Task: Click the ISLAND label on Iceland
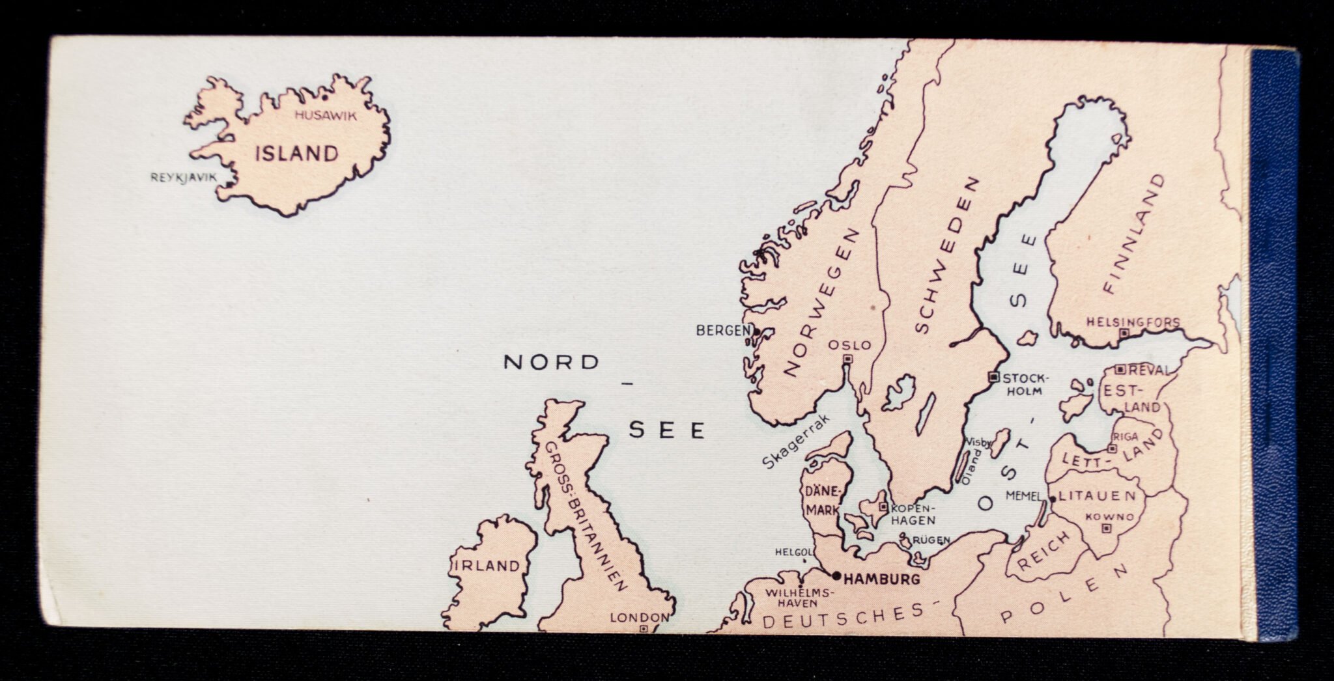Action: click(x=296, y=154)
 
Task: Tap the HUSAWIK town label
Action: click(x=326, y=116)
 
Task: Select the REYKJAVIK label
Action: click(x=183, y=177)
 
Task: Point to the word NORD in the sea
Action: click(x=551, y=363)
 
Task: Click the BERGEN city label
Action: click(x=723, y=331)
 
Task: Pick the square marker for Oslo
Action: click(x=847, y=359)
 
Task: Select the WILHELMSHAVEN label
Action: click(x=799, y=598)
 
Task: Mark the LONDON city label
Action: click(x=639, y=617)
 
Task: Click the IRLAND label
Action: click(x=487, y=566)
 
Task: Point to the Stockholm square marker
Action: click(x=993, y=377)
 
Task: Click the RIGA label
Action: click(x=1126, y=437)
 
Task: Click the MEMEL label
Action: click(x=1023, y=496)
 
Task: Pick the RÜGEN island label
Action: click(x=931, y=540)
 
